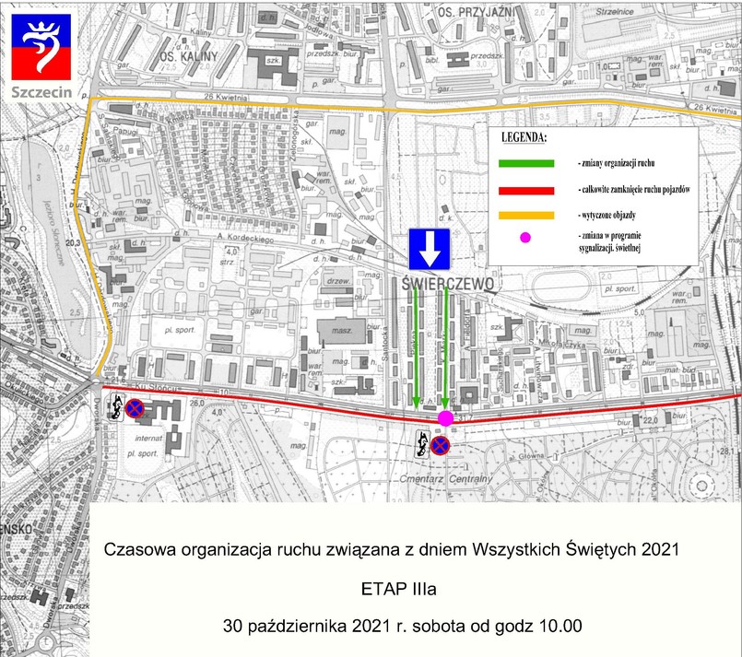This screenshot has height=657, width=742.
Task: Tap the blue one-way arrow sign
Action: (x=428, y=250)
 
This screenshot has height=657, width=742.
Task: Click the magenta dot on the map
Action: (x=445, y=418)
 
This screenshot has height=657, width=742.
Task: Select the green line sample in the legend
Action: (x=526, y=162)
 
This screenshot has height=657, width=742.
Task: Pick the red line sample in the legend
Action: (x=526, y=189)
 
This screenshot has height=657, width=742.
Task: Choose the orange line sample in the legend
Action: (x=526, y=214)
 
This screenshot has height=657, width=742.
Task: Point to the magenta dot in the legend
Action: (x=525, y=239)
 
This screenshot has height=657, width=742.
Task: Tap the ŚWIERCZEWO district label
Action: (x=449, y=283)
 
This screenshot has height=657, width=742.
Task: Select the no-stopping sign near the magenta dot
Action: (x=441, y=447)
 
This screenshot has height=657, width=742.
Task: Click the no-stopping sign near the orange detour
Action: (x=135, y=406)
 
